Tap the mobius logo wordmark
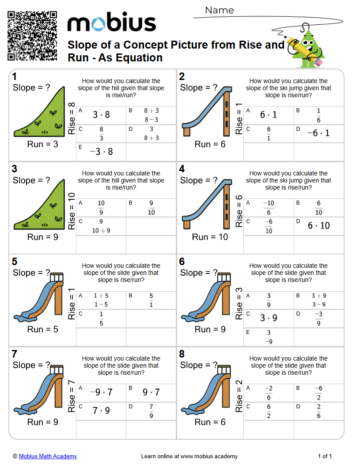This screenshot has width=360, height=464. tap(111, 23)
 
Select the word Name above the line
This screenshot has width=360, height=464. tap(220, 10)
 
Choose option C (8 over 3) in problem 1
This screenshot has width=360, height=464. tap(101, 133)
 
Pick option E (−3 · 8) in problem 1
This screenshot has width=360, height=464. tap(101, 152)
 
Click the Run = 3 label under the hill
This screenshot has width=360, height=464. tap(43, 144)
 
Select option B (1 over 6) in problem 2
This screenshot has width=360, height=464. tap(318, 115)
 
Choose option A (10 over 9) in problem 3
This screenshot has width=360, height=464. tap(101, 208)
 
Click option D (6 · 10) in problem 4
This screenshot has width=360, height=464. tap(318, 226)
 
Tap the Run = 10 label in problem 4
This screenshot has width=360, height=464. tap(210, 237)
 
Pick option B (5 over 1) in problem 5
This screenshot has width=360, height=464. tap(151, 300)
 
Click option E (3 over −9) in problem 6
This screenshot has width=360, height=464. tap(269, 337)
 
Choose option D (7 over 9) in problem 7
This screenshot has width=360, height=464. tap(151, 411)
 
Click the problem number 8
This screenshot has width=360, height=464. tap(182, 354)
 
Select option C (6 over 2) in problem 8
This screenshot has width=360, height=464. tap(269, 411)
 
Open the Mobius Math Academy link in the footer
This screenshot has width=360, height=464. tap(48, 456)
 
